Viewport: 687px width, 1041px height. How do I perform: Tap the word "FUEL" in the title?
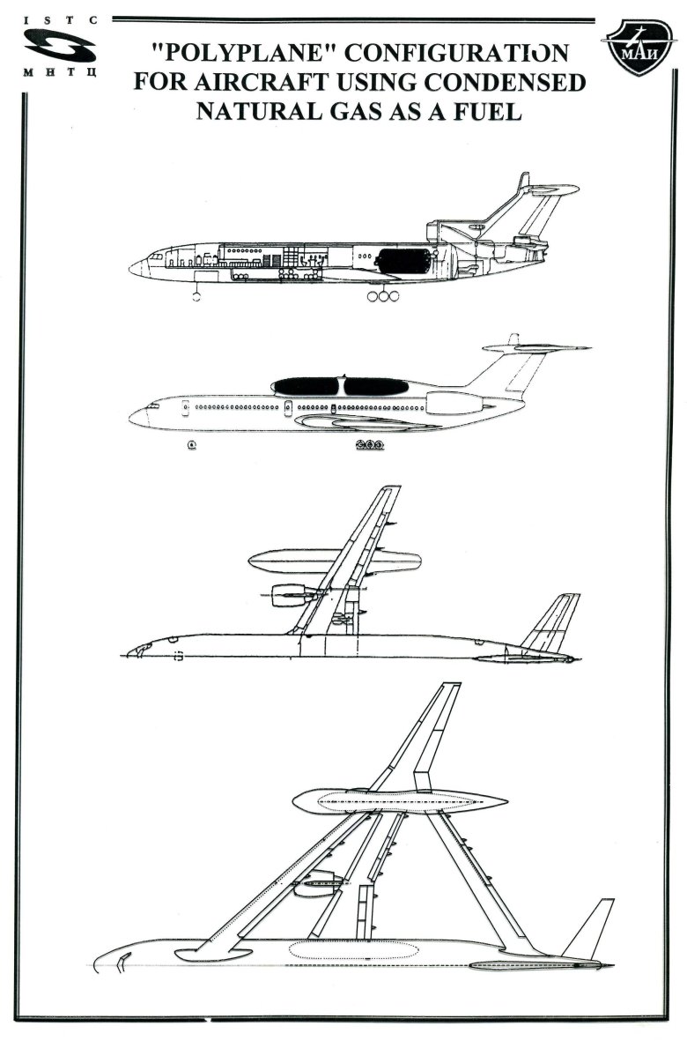tap(487, 111)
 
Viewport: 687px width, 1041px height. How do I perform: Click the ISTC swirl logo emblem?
tap(61, 47)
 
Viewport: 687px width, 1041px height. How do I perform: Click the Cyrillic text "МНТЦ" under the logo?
tap(61, 71)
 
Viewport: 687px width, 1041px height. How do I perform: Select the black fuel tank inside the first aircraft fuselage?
tap(403, 260)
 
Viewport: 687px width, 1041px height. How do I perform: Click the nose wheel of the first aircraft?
tap(196, 296)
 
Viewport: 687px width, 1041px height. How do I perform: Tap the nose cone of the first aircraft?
tap(138, 268)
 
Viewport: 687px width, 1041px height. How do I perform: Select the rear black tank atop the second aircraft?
tap(376, 386)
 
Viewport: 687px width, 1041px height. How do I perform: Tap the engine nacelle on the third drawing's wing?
tap(289, 594)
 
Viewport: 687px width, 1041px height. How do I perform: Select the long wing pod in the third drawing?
tap(335, 561)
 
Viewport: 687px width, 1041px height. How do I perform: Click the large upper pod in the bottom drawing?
tap(400, 801)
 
